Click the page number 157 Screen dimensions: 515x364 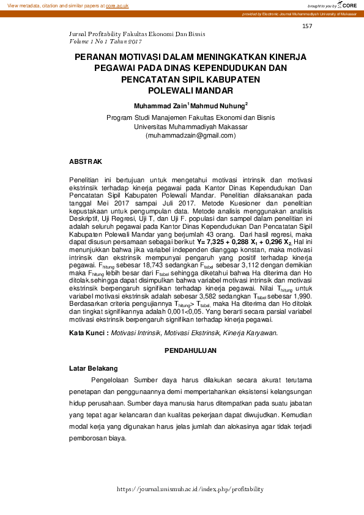[x=307, y=27]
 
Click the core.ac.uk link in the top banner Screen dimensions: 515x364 [x=117, y=5]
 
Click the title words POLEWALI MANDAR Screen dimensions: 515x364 [x=182, y=91]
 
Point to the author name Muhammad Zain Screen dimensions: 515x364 [x=161, y=105]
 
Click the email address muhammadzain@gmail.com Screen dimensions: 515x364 [x=182, y=135]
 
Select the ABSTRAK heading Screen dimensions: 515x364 [x=85, y=161]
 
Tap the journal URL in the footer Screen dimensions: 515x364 [x=190, y=489]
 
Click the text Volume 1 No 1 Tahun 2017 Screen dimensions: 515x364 [x=106, y=42]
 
